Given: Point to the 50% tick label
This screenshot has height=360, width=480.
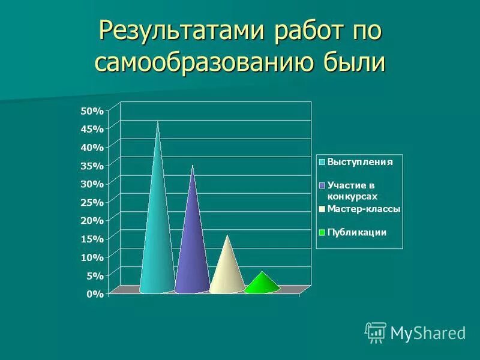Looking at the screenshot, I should pyautogui.click(x=92, y=110).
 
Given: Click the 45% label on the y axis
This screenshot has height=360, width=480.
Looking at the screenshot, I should pyautogui.click(x=92, y=129).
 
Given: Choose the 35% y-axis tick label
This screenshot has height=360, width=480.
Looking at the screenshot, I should pyautogui.click(x=92, y=166).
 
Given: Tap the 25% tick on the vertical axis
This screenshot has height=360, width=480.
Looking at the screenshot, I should pyautogui.click(x=92, y=202).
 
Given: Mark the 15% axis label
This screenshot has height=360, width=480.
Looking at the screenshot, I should pyautogui.click(x=92, y=239).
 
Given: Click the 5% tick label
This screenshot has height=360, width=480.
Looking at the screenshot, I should pyautogui.click(x=94, y=275).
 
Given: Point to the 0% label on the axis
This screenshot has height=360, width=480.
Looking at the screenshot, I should pyautogui.click(x=94, y=294).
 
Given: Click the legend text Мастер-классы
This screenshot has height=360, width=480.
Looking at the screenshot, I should pyautogui.click(x=364, y=209).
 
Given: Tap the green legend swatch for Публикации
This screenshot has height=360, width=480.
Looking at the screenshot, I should pyautogui.click(x=322, y=233).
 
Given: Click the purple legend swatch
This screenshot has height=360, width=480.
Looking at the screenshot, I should pyautogui.click(x=322, y=185).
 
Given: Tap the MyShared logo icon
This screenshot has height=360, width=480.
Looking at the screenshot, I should pyautogui.click(x=376, y=332).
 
